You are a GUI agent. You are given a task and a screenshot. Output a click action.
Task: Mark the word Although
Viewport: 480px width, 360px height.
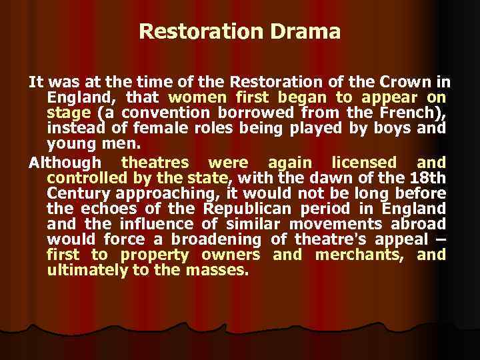tap(65, 163)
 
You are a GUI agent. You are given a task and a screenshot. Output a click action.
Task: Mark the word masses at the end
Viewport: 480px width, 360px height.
tap(220, 270)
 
